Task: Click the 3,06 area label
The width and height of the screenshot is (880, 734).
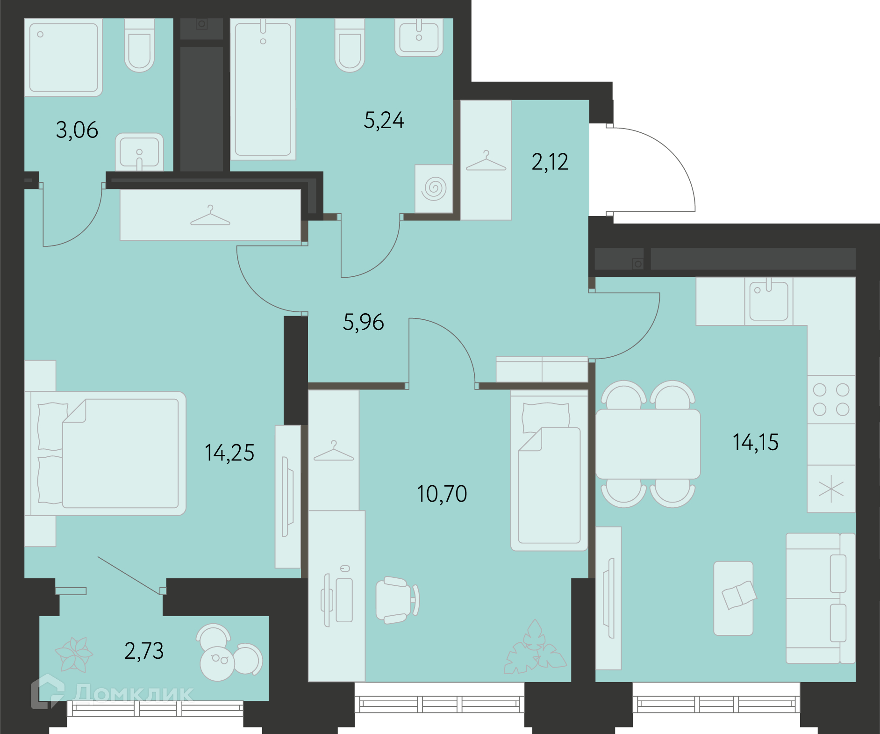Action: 77,130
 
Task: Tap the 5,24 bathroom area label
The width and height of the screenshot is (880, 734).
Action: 384,120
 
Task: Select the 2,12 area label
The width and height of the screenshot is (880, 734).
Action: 550,162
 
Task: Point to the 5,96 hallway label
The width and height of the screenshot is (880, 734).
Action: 364,322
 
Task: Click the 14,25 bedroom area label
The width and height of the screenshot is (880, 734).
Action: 229,453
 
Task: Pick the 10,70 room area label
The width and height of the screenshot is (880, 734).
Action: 442,494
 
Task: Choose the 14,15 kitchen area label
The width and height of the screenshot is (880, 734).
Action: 756,442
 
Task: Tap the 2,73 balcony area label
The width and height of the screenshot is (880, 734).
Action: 144,651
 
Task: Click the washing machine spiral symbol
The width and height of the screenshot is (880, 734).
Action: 434,188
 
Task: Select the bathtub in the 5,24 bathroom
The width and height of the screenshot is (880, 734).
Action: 263,89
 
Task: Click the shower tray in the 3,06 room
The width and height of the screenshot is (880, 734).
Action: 64,58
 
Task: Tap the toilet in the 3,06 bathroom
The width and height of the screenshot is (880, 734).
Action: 139,45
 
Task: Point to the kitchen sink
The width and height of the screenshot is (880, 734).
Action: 769,301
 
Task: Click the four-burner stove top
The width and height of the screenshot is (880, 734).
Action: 831,400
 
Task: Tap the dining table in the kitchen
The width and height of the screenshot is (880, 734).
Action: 648,444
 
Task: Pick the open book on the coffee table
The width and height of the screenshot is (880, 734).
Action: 738,595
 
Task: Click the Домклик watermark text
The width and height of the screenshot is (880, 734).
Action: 133,693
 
